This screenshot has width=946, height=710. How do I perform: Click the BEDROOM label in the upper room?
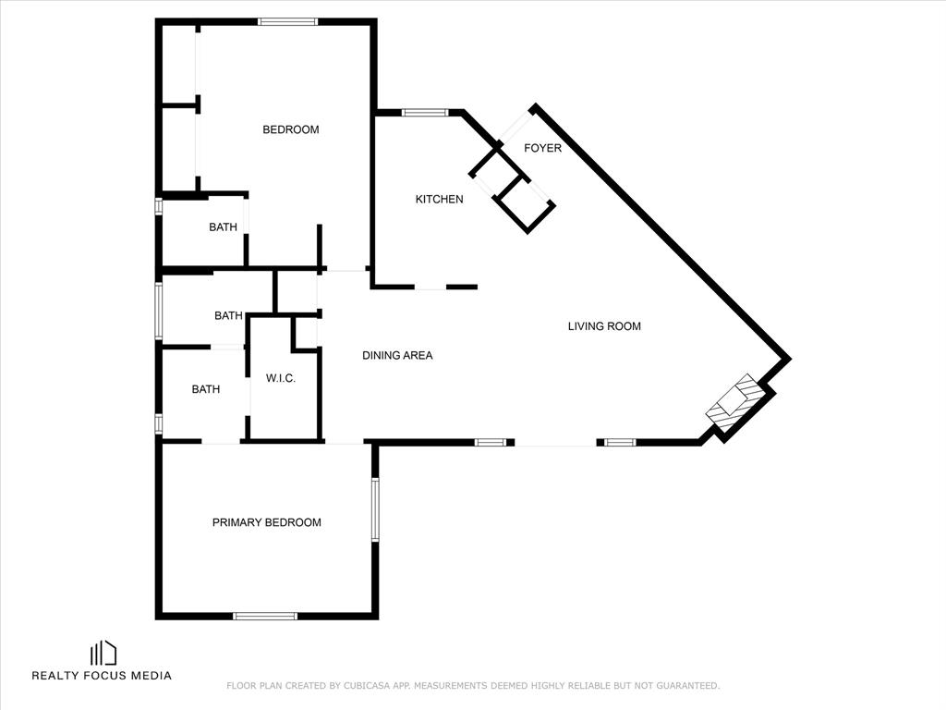pos(291,129)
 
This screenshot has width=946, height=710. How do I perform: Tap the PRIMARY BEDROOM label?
pos(267,523)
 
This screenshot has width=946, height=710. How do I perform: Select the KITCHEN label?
pos(439,200)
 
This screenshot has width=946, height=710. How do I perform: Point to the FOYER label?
pos(542,149)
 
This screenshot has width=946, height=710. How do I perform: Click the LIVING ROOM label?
pos(604,326)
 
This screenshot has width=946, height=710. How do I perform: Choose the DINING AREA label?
pos(397,356)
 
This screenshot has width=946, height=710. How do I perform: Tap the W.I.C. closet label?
pos(281,378)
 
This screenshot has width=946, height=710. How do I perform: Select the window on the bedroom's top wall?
pos(288,22)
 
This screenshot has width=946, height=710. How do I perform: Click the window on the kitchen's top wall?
pos(425,112)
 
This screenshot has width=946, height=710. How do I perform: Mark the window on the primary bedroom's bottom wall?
pos(265,617)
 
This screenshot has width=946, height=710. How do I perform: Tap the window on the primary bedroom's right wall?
pos(375,509)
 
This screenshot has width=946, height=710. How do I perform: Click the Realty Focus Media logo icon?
pos(103,654)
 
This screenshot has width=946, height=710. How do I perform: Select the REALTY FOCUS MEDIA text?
pos(102,676)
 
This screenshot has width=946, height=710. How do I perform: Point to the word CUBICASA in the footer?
pos(365,686)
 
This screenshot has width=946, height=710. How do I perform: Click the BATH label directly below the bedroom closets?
pos(224,227)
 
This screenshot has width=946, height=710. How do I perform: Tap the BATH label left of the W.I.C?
pos(206,390)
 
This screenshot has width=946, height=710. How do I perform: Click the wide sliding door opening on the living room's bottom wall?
pos(555,444)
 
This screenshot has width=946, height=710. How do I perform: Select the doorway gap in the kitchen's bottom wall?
pos(431,288)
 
